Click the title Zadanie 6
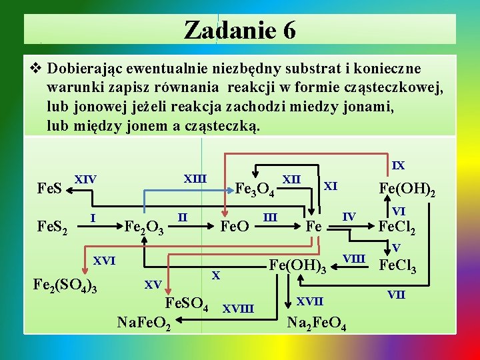pos(239,30)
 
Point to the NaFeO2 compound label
pos(145,325)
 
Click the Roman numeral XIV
pos(85,179)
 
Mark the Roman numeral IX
pos(398,164)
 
